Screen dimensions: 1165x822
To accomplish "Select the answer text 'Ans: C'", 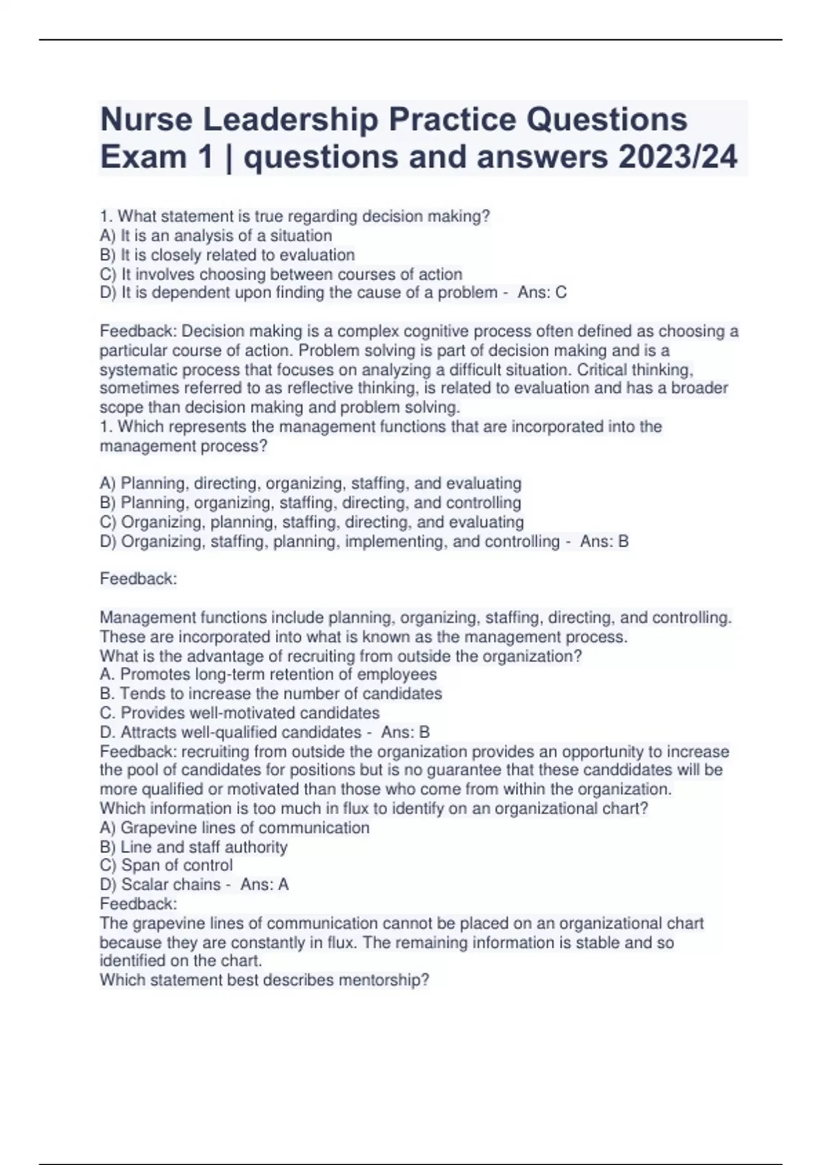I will pyautogui.click(x=542, y=293).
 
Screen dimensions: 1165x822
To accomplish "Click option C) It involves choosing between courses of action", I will pyautogui.click(x=281, y=274).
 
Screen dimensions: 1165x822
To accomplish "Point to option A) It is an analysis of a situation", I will pyautogui.click(x=216, y=236).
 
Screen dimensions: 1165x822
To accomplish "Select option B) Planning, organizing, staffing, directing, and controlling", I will pyautogui.click(x=310, y=503).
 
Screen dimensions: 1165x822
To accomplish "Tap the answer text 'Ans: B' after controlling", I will pyautogui.click(x=604, y=541).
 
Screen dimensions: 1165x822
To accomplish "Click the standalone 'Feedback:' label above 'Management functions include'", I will pyautogui.click(x=138, y=579).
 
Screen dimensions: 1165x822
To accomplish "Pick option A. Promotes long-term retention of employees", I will pyautogui.click(x=268, y=674).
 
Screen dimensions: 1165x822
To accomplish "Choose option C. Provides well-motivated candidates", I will pyautogui.click(x=240, y=713).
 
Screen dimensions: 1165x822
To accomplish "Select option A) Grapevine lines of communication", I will pyautogui.click(x=234, y=828).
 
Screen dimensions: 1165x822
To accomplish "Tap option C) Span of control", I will pyautogui.click(x=166, y=866).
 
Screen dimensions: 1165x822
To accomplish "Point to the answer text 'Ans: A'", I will pyautogui.click(x=264, y=885).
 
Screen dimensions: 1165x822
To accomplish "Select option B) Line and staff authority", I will pyautogui.click(x=193, y=847).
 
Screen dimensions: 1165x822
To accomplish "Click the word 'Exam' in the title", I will pyautogui.click(x=143, y=157).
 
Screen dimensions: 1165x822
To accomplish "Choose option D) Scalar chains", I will pyautogui.click(x=160, y=885).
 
